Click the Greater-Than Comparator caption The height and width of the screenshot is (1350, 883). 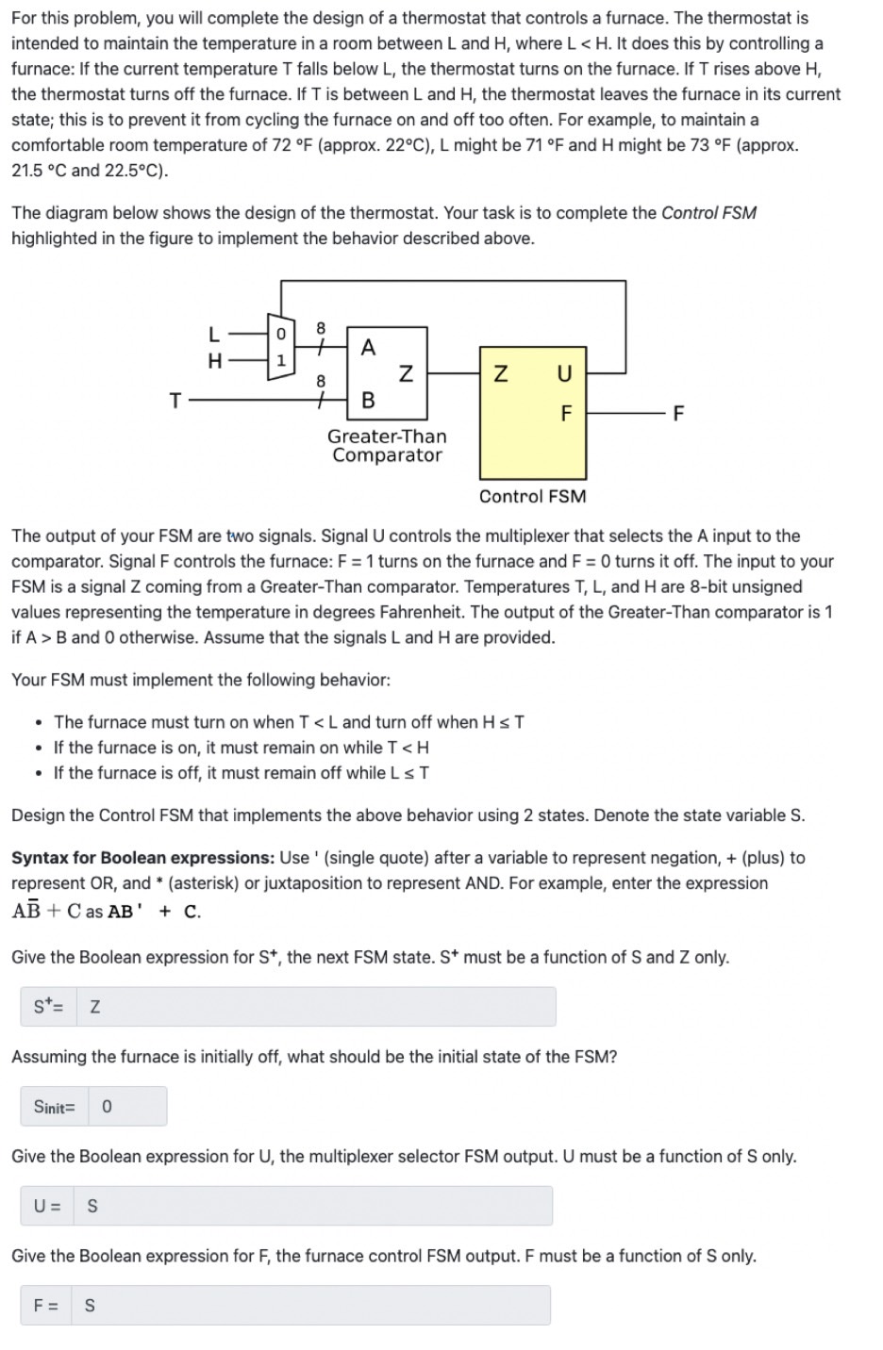387,446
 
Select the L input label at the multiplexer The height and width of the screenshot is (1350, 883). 214,333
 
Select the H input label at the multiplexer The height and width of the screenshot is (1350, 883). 214,360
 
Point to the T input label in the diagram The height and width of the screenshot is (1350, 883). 175,401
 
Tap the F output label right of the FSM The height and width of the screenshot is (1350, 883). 678,413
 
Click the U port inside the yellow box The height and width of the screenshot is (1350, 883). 564,373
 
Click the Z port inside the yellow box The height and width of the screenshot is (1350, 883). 501,373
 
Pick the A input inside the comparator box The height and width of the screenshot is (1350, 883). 368,347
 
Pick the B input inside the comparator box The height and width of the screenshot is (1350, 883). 368,400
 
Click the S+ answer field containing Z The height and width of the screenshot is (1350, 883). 316,1007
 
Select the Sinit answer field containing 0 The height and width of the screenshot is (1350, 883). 127,1107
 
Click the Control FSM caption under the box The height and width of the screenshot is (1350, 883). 532,497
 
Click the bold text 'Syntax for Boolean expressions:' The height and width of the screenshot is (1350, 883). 142,858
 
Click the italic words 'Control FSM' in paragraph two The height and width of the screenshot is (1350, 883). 708,213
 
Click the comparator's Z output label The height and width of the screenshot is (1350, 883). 406,373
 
